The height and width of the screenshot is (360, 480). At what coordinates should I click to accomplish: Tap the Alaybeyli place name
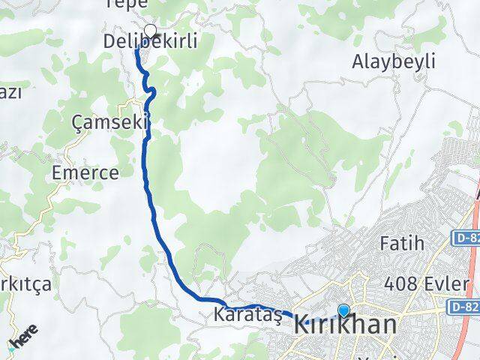tap(393, 62)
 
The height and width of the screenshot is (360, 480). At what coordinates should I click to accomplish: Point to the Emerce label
tap(85, 173)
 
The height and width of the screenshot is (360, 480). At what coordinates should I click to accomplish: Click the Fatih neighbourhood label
tap(402, 244)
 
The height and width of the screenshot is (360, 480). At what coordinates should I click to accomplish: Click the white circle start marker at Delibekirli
tap(151, 31)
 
